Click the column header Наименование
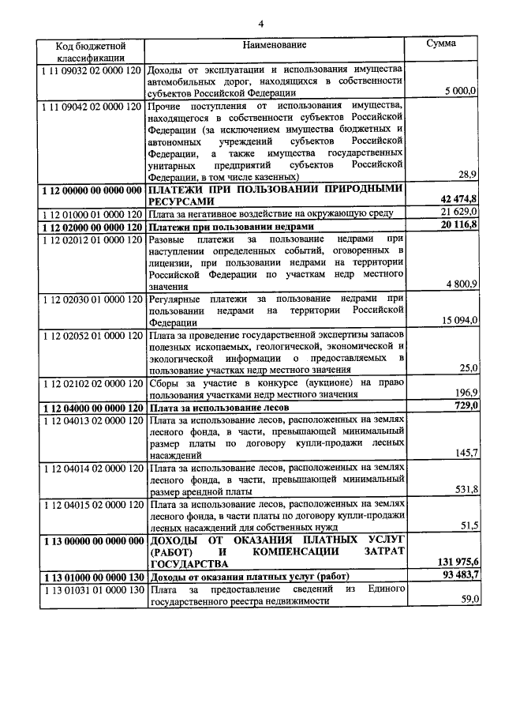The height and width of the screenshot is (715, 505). tap(275, 47)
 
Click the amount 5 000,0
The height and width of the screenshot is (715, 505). tap(459, 92)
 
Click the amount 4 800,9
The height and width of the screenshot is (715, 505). tap(459, 284)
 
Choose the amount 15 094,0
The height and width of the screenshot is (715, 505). tap(458, 320)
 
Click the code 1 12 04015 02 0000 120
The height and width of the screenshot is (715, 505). tap(90, 504)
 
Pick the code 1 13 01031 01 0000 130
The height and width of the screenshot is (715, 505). tap(90, 589)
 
